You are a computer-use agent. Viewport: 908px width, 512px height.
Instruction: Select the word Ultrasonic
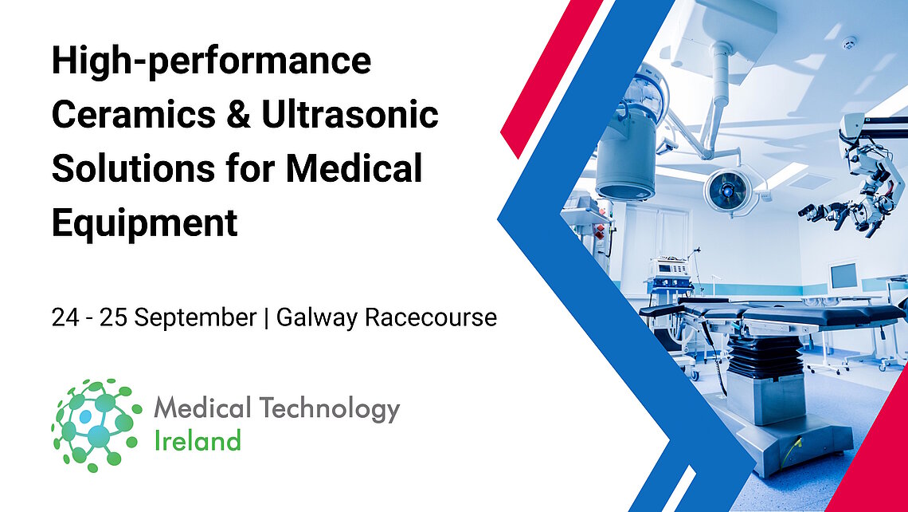[350, 115]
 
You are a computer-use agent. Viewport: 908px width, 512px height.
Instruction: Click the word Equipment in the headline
[144, 223]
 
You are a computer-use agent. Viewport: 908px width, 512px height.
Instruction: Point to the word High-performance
[211, 61]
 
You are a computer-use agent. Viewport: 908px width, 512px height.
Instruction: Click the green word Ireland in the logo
[197, 439]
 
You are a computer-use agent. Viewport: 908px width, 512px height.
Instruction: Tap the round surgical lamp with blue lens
[728, 190]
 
